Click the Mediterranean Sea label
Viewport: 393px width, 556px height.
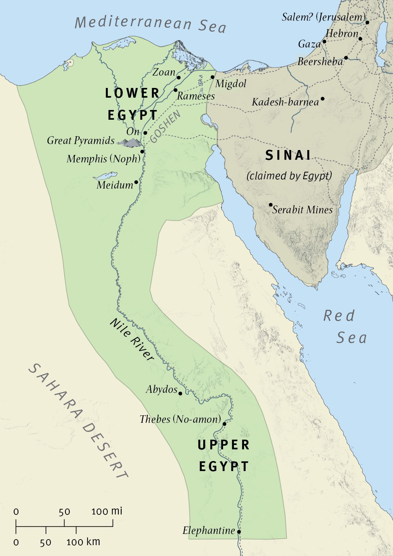click(150, 23)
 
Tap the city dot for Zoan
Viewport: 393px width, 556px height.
click(179, 77)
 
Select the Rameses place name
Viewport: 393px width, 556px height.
click(196, 96)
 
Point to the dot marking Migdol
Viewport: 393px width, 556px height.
click(212, 77)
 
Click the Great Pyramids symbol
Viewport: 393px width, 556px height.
click(129, 142)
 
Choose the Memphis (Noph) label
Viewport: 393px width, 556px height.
click(103, 159)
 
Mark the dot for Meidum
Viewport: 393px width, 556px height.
click(136, 182)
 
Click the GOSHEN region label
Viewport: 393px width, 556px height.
click(165, 126)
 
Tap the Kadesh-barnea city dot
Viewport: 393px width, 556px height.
click(322, 99)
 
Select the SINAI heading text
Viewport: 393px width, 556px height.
click(288, 155)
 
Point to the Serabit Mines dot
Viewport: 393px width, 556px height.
click(271, 205)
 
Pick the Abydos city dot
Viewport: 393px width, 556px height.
click(180, 393)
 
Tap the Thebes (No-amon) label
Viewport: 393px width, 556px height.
click(180, 419)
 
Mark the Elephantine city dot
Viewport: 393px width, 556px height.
click(239, 531)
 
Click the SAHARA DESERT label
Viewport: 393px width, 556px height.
click(79, 421)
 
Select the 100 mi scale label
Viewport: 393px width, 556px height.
click(107, 511)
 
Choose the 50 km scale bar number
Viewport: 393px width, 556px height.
click(45, 542)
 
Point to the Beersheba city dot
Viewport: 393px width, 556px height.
click(346, 58)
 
